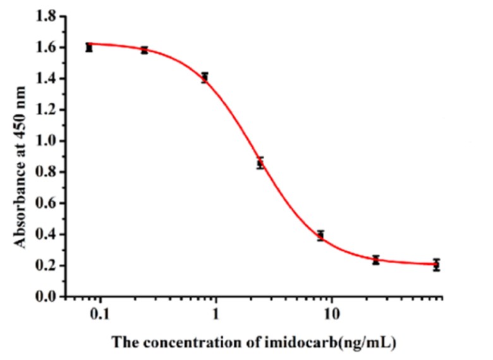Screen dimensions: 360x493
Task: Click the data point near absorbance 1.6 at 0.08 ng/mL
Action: tap(89, 47)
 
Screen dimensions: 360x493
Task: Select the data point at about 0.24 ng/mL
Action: tap(144, 50)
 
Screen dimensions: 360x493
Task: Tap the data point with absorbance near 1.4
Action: tap(204, 77)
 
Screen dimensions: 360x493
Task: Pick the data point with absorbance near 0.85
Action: tap(260, 163)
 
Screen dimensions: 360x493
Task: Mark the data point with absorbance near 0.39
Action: tap(320, 236)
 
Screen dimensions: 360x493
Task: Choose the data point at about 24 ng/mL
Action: tap(376, 260)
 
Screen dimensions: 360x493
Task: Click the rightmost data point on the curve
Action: tap(436, 265)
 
